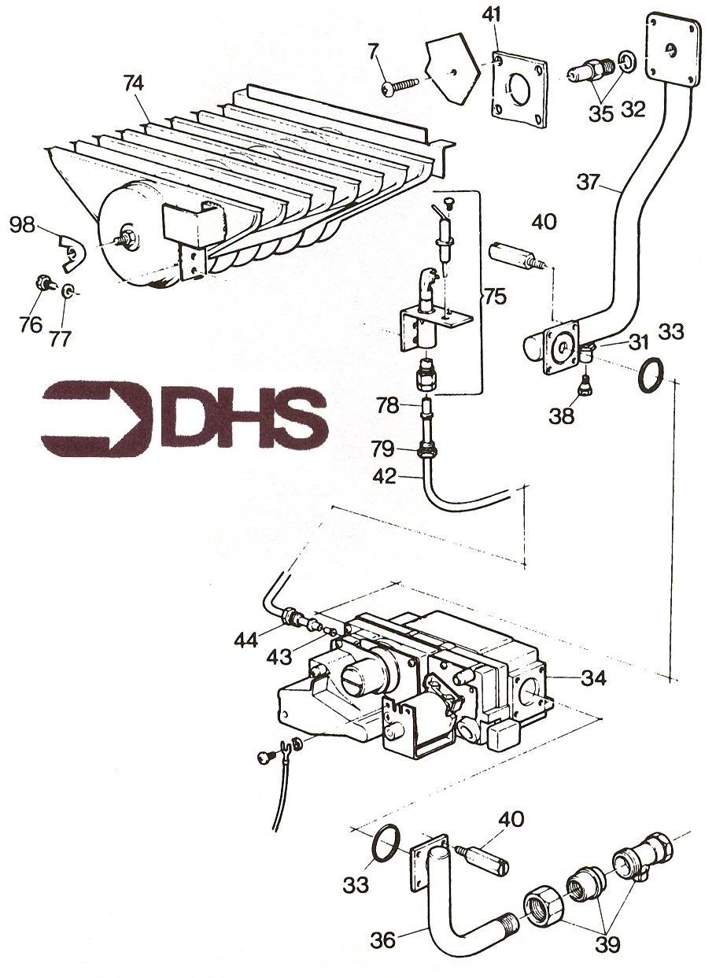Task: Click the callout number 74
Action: [134, 83]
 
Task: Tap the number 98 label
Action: [22, 226]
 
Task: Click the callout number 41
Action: [491, 16]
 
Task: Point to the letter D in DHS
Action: [195, 419]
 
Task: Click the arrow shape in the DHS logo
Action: [97, 415]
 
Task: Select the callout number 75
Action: [494, 297]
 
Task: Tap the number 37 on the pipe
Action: [589, 181]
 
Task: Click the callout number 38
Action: [562, 415]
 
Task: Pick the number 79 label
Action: [382, 449]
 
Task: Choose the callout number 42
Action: [384, 476]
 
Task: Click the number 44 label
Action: [245, 640]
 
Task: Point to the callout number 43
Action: [279, 656]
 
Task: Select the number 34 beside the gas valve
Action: [594, 678]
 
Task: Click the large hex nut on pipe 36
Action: [544, 910]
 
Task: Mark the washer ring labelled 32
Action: [627, 61]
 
